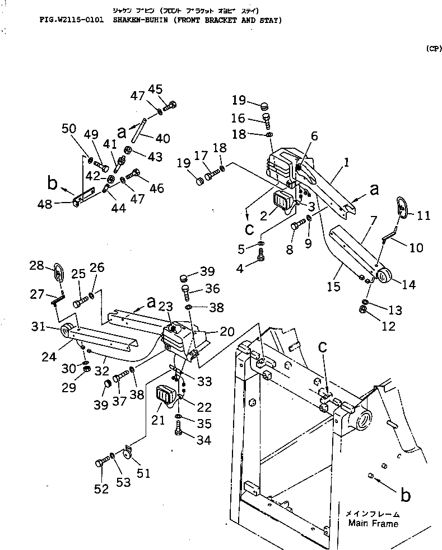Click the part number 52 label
(101, 488)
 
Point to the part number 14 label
(408, 284)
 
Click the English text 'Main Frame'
(373, 524)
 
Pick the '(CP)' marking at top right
(433, 49)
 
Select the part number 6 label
(314, 136)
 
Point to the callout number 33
(204, 382)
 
